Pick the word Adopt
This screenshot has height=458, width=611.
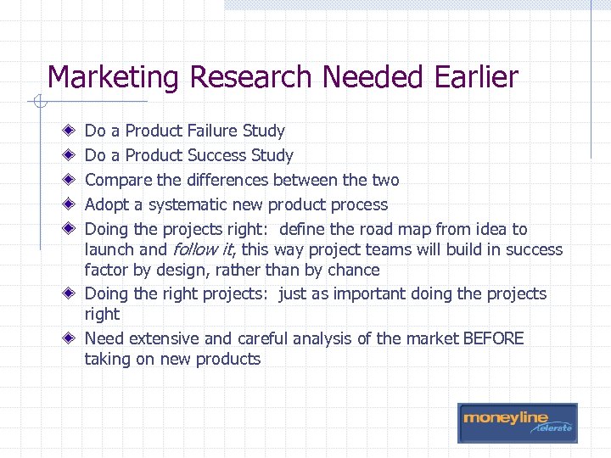tap(106, 204)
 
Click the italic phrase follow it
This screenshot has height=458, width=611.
tap(203, 249)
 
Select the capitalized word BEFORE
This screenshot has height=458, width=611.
tap(493, 338)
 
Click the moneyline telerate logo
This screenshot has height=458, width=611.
tap(517, 422)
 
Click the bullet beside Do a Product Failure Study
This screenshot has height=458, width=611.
tap(68, 131)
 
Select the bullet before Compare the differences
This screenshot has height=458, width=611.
tap(68, 180)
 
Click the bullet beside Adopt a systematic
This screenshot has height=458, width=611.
tap(68, 204)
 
